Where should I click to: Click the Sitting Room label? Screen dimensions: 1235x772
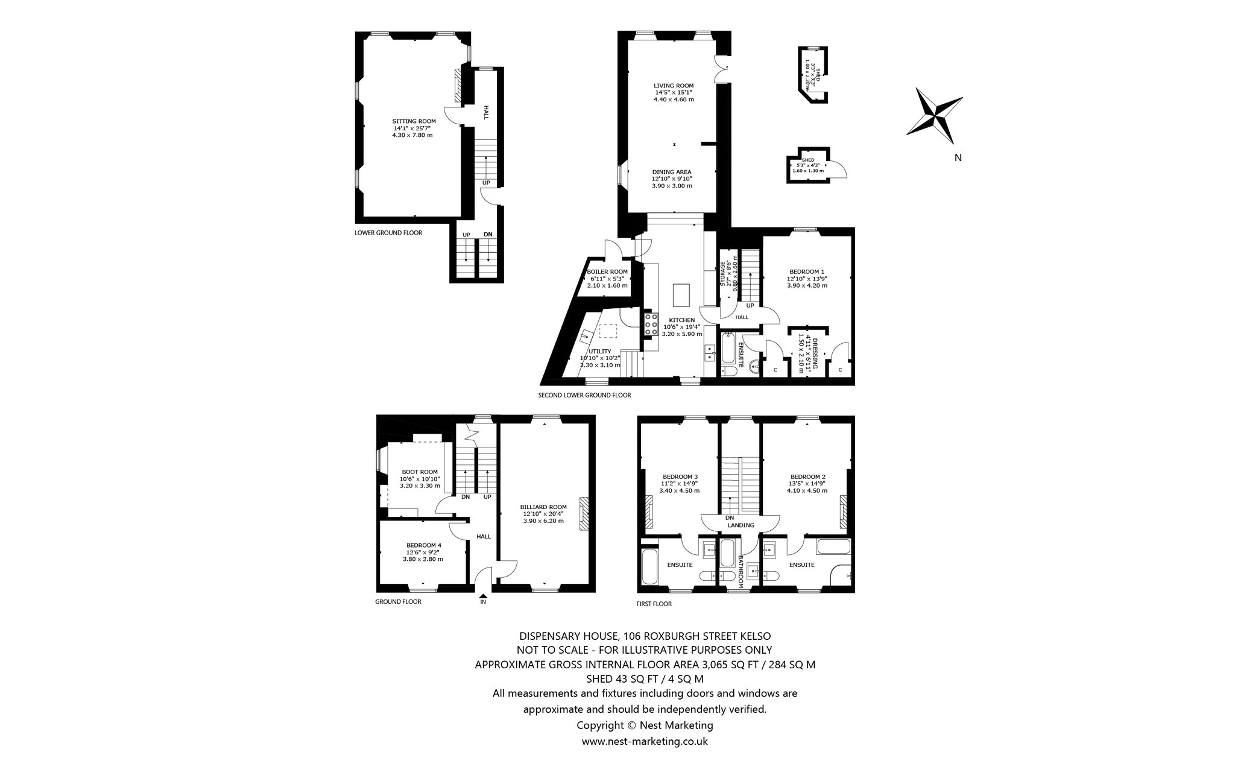point(414,121)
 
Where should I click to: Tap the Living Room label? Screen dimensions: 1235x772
point(674,86)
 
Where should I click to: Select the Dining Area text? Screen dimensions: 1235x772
point(672,172)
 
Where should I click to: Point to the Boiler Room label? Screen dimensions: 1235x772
point(607,272)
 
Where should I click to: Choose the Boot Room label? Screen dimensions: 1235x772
point(420,472)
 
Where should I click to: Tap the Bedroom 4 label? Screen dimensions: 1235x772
point(423,545)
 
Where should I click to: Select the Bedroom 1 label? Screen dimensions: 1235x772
point(807,271)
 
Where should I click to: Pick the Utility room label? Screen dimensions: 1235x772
point(600,351)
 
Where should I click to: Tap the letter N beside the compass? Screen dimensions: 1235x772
point(958,158)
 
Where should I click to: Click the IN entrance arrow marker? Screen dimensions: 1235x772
point(483,595)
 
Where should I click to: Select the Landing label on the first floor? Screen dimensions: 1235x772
point(741,525)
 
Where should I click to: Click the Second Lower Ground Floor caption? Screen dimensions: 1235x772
point(584,396)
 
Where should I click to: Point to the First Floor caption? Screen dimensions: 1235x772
point(654,604)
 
